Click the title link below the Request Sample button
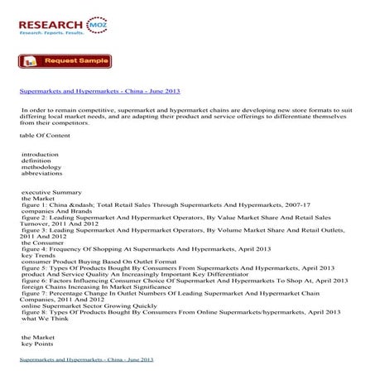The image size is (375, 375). (x=99, y=91)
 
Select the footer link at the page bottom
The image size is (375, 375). (x=87, y=362)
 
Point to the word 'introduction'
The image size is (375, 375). (x=41, y=155)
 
